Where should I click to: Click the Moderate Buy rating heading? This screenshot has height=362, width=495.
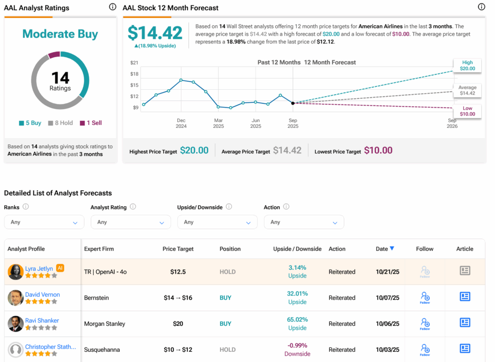tap(60, 34)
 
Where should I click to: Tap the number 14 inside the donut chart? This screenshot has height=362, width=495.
tap(60, 77)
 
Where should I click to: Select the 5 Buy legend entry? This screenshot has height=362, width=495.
tap(30, 123)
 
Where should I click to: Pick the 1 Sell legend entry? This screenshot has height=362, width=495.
tap(91, 123)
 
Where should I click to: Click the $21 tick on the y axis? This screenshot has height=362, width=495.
tap(134, 63)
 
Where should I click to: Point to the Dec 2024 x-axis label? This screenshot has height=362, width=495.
tap(181, 123)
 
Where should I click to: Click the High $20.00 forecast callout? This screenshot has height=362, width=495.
tap(467, 66)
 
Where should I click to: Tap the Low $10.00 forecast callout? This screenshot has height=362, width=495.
tap(467, 111)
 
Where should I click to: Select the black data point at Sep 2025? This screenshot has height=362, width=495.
tap(293, 103)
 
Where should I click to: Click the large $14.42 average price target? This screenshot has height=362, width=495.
tap(155, 33)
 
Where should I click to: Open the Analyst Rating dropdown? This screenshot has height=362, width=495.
tap(131, 222)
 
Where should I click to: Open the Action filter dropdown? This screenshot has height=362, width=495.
tap(304, 222)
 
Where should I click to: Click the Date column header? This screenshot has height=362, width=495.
tap(385, 249)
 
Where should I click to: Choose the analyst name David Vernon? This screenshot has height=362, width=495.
tap(43, 294)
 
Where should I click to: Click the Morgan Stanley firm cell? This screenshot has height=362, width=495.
tap(104, 324)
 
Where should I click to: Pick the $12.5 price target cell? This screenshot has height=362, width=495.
tap(178, 272)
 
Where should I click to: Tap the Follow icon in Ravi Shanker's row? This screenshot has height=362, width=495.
tap(425, 323)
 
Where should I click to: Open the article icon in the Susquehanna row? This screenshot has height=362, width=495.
tap(465, 348)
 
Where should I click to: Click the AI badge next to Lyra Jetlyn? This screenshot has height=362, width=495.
tap(60, 268)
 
